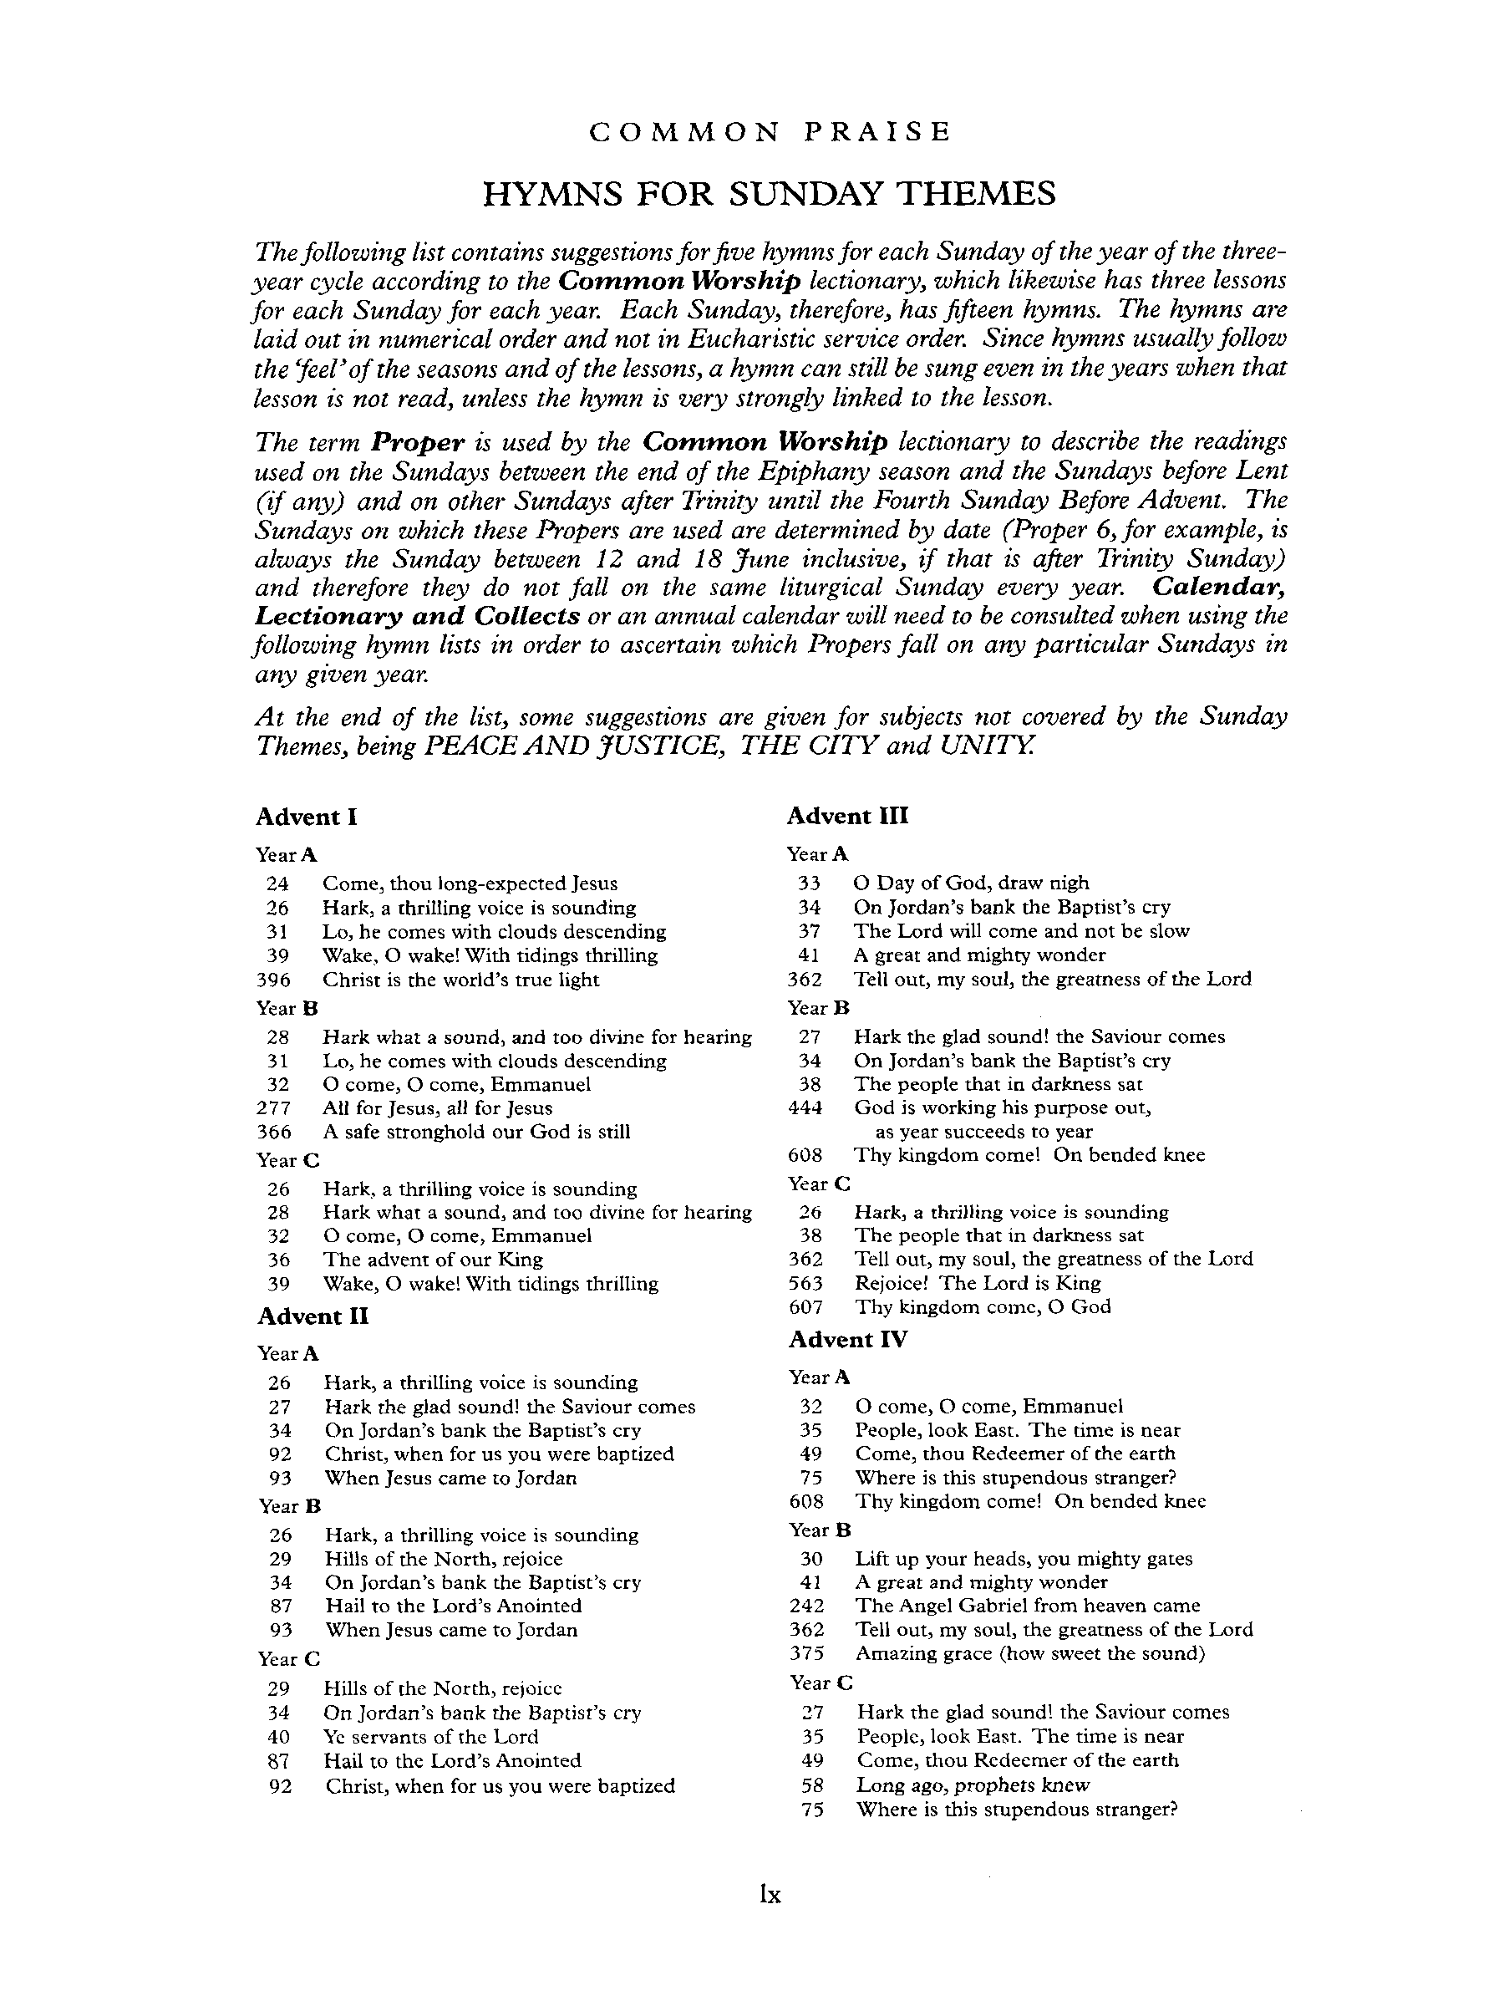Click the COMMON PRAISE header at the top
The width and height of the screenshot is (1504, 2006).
pos(770,132)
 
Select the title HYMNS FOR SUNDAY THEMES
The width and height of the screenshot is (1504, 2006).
pos(769,194)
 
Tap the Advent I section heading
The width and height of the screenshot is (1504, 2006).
pos(307,817)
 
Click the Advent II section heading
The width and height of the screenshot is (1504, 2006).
pos(312,1316)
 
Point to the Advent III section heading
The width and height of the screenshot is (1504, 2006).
pos(846,816)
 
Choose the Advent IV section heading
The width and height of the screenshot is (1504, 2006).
pos(846,1340)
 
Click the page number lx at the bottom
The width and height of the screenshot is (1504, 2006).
pos(770,1896)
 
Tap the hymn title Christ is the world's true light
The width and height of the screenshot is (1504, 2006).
pos(460,980)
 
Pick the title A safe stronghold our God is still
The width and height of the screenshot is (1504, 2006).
pos(476,1132)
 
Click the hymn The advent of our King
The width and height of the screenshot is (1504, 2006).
pos(433,1260)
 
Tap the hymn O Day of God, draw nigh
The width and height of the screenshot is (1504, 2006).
pos(971,883)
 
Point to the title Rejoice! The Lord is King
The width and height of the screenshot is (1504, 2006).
pos(978,1283)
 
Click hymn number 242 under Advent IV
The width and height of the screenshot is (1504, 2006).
pos(806,1605)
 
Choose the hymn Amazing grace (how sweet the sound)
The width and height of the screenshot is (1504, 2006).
pos(1030,1653)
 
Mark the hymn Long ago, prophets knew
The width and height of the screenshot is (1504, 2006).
pos(973,1785)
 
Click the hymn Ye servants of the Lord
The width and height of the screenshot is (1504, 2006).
pos(430,1737)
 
